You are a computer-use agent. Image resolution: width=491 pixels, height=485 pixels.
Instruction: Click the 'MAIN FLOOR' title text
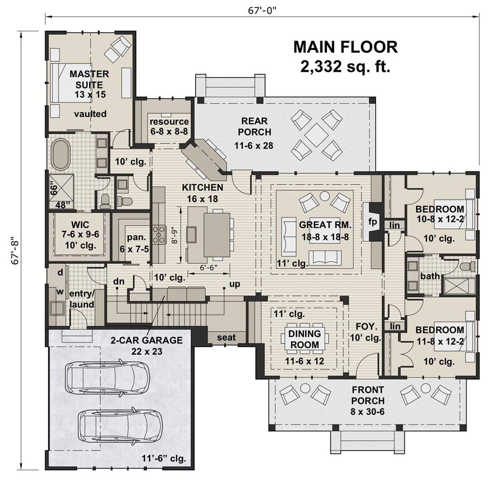click(345, 47)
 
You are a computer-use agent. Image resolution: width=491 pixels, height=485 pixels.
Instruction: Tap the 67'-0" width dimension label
click(262, 11)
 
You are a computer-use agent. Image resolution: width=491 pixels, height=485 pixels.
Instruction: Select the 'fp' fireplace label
click(372, 222)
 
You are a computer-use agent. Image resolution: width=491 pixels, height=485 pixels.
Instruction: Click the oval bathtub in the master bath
click(61, 155)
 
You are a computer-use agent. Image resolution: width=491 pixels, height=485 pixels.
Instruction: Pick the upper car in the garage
click(107, 377)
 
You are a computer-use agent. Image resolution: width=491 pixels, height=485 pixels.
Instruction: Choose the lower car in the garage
click(120, 425)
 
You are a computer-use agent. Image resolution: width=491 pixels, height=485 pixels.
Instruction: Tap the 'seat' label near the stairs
click(226, 337)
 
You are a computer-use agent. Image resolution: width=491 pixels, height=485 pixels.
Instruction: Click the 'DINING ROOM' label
click(304, 339)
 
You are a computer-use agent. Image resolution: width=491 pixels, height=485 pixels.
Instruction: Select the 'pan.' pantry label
click(137, 237)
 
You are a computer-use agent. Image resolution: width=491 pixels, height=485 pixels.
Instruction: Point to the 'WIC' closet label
click(80, 224)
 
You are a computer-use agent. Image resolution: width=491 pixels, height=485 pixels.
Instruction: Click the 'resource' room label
click(169, 121)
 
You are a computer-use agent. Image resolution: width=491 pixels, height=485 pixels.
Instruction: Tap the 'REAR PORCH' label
click(254, 126)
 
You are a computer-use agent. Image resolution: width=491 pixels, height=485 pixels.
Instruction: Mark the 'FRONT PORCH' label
click(368, 396)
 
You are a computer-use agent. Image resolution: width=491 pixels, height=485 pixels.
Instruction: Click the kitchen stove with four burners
click(159, 234)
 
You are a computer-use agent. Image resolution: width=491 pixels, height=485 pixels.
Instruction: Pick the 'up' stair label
click(235, 284)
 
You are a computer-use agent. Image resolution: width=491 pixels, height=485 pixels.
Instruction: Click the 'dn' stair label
click(119, 281)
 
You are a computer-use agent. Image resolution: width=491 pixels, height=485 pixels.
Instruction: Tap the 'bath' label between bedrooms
click(430, 276)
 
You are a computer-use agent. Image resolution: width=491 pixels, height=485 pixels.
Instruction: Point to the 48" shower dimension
click(63, 205)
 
